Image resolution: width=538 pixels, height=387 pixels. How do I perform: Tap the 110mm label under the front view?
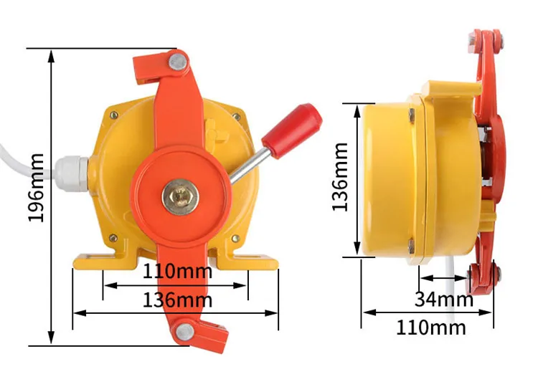[x=176, y=272]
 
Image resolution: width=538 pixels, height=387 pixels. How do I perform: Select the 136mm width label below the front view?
[x=176, y=299]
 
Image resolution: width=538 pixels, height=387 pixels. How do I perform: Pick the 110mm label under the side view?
[x=430, y=328]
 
